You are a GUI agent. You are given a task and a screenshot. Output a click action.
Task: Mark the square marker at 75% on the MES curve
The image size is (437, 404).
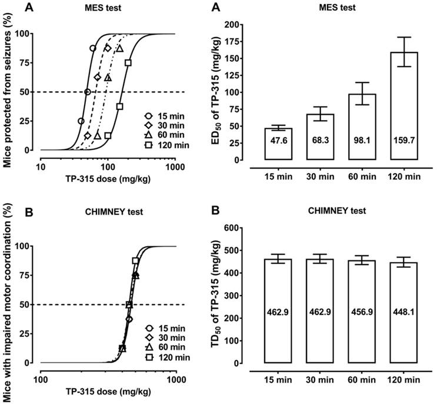(x=128, y=62)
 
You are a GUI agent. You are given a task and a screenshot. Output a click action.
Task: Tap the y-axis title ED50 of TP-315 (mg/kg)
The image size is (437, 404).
(x=226, y=92)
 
